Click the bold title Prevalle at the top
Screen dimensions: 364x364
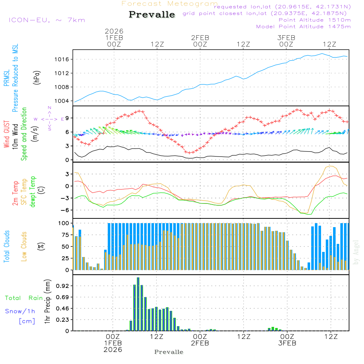click(x=152, y=15)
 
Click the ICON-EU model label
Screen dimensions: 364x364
click(x=46, y=20)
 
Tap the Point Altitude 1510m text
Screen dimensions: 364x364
click(x=314, y=20)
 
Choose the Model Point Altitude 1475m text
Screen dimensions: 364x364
click(x=303, y=27)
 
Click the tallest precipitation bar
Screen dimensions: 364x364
click(x=138, y=304)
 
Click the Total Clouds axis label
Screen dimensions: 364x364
click(x=7, y=246)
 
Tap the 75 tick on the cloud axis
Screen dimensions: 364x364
click(x=66, y=234)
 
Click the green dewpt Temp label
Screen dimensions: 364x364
click(x=33, y=192)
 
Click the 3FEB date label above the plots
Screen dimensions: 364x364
click(x=286, y=37)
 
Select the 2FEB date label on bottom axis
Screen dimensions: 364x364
click(x=200, y=343)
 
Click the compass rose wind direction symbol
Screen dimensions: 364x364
click(x=50, y=119)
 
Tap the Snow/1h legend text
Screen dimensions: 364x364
click(x=20, y=311)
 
